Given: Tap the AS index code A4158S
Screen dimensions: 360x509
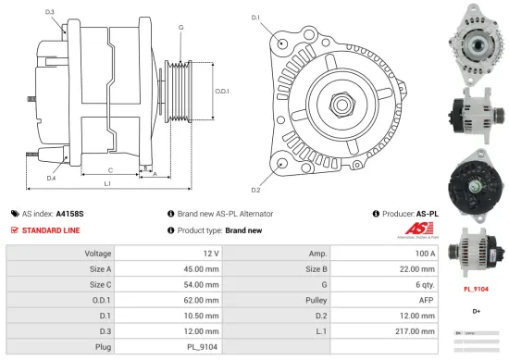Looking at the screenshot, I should (x=70, y=213).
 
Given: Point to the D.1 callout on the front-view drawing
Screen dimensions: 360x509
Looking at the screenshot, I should (x=255, y=17).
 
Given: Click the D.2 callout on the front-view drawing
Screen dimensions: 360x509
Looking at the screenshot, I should (x=255, y=191).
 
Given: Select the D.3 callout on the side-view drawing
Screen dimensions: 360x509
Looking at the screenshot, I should (x=49, y=12).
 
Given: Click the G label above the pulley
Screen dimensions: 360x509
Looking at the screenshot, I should (x=180, y=29).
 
